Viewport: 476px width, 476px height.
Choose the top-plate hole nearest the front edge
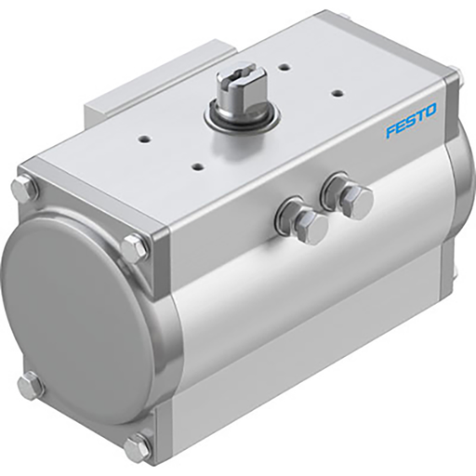(x=197, y=166)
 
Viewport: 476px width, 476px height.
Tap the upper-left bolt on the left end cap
(x=24, y=188)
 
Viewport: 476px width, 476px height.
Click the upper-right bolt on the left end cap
(x=134, y=248)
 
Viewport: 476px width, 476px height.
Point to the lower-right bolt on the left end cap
(x=137, y=447)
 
